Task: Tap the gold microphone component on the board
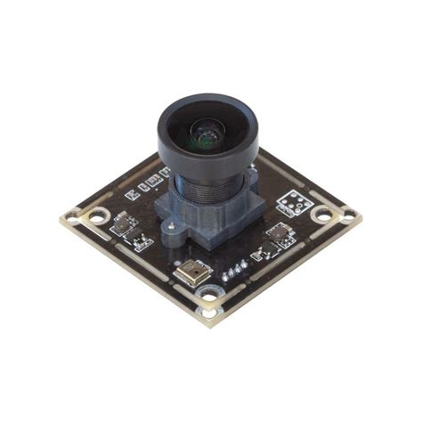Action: pyautogui.click(x=193, y=272)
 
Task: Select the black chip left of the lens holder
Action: pyautogui.click(x=125, y=223)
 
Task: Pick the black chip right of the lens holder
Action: pyautogui.click(x=279, y=235)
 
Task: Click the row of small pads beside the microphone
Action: pyautogui.click(x=234, y=270)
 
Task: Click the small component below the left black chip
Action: pyautogui.click(x=142, y=241)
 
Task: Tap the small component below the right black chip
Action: pyautogui.click(x=261, y=255)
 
